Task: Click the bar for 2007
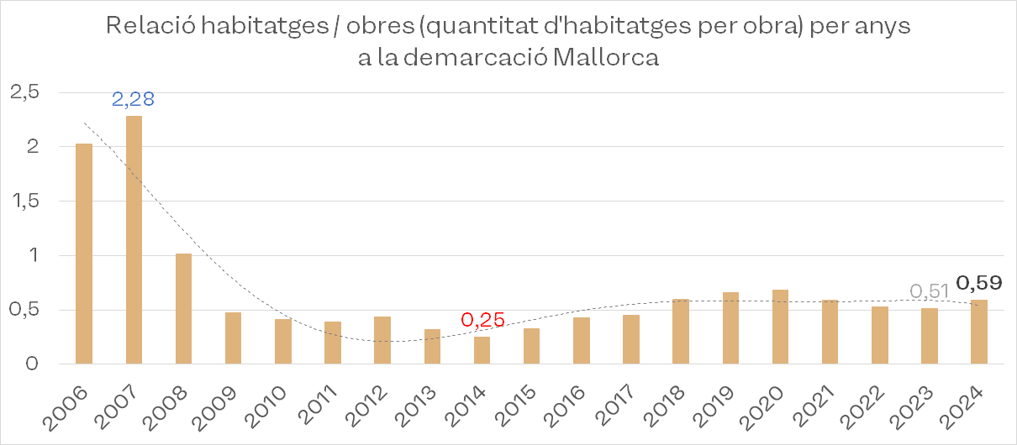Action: [x=134, y=239]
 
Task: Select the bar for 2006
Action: [x=84, y=254]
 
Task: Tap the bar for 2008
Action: [x=183, y=308]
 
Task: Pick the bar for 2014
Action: [x=482, y=350]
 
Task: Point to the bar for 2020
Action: [x=780, y=327]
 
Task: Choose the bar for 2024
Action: [x=978, y=332]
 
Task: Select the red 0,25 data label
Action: [x=482, y=320]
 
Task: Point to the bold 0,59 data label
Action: [x=979, y=282]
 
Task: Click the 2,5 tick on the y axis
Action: [x=24, y=92]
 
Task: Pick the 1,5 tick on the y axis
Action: [x=24, y=202]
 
